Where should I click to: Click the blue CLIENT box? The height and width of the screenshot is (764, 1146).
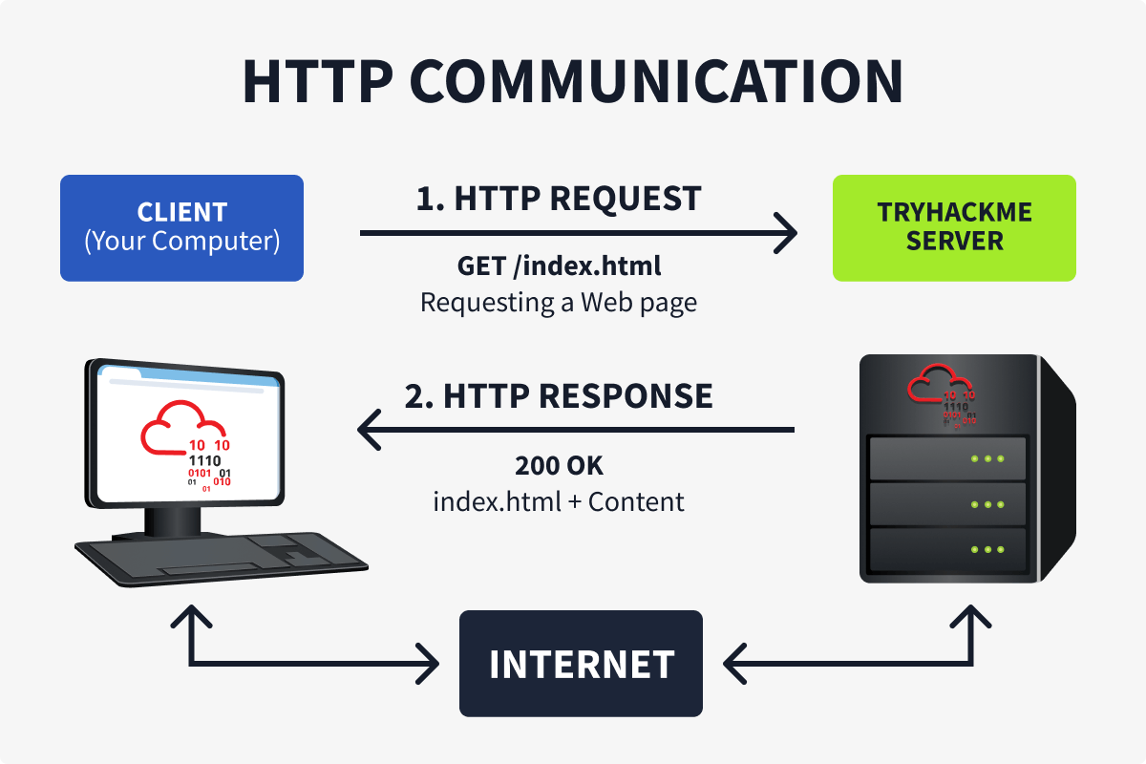(181, 227)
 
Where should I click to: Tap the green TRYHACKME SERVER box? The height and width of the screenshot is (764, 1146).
(954, 227)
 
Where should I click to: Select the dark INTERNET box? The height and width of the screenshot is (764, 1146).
(581, 664)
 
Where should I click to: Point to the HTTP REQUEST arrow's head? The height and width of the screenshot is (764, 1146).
(789, 232)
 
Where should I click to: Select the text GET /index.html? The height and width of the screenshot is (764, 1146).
(560, 265)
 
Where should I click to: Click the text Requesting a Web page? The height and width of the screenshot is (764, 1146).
(560, 303)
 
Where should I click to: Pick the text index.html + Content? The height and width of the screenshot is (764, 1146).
(560, 501)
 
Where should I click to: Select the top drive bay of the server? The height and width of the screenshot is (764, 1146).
(945, 458)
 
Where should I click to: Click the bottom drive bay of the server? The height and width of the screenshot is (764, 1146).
(945, 550)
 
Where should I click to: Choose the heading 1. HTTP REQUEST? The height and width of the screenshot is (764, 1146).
(560, 199)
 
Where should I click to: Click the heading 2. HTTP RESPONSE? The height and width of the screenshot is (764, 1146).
(560, 395)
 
